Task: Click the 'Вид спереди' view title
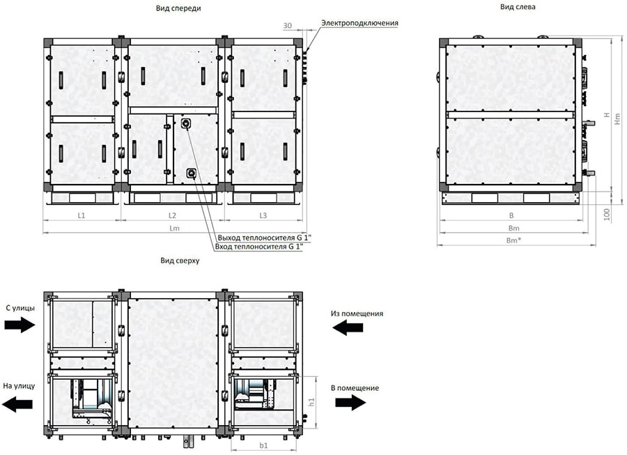pos(178,8)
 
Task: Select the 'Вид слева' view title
pos(518,7)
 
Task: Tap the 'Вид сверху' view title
pos(180,261)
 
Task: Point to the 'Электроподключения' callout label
pos(359,23)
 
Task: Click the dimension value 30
pos(288,26)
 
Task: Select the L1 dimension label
pos(82,215)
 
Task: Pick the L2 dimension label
pos(172,215)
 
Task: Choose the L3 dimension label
pos(263,215)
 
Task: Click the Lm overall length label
pos(174,229)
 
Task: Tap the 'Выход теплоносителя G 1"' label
pos(264,238)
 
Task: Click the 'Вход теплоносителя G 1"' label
pos(259,247)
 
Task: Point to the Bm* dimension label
pos(514,240)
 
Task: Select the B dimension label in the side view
pos(511,215)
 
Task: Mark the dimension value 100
pos(607,215)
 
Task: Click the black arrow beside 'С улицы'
pos(20,324)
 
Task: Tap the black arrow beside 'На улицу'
pos(17,404)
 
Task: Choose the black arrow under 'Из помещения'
pos(348,327)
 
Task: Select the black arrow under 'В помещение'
pos(350,402)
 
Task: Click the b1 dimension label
pos(263,445)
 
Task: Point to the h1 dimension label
pos(312,402)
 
